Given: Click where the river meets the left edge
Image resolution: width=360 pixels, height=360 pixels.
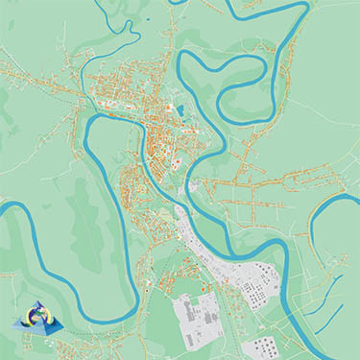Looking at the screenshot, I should (3, 204).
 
